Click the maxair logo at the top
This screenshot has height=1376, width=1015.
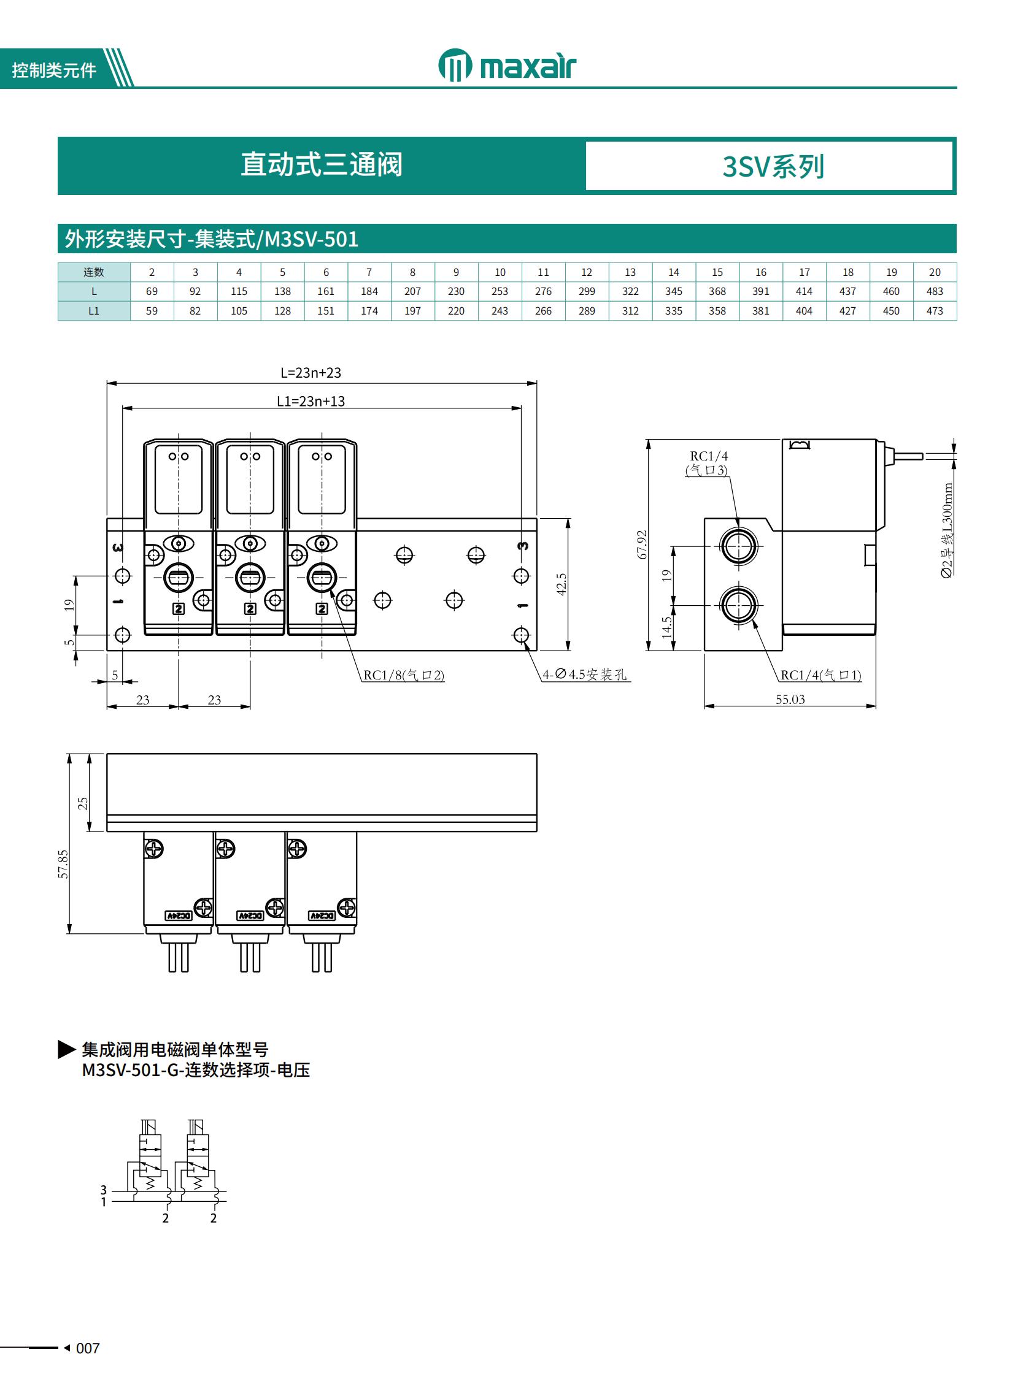(x=507, y=66)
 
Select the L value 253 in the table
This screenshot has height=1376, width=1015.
(x=500, y=291)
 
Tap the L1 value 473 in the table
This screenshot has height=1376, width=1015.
(x=934, y=311)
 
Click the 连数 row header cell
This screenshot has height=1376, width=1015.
(x=94, y=272)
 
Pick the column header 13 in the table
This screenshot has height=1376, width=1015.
(x=630, y=272)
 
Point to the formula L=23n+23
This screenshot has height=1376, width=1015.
(x=311, y=373)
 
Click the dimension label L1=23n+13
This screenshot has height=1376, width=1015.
(x=311, y=402)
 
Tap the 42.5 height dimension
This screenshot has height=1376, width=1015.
(x=562, y=584)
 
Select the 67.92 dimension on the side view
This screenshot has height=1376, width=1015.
(x=642, y=544)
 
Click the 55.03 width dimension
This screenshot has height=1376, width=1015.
(x=790, y=700)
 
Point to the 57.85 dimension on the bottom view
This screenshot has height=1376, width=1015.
(x=63, y=864)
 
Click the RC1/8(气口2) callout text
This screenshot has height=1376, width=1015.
(x=404, y=675)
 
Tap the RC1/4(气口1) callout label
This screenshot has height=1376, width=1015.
(x=821, y=675)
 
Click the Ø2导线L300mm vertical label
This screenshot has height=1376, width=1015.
(x=947, y=530)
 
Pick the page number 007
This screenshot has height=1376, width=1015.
(x=87, y=1348)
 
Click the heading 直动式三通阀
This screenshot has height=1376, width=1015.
(x=322, y=165)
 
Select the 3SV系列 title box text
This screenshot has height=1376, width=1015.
(x=773, y=166)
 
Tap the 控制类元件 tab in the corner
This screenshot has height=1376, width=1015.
(x=54, y=71)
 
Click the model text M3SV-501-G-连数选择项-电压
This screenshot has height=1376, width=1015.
(x=196, y=1070)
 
